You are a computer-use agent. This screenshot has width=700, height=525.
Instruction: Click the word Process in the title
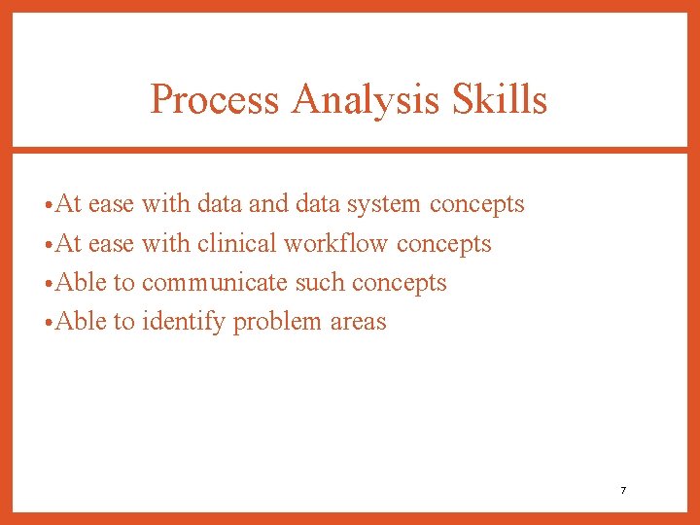coord(214,99)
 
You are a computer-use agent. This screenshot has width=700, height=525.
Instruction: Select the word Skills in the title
coord(505,99)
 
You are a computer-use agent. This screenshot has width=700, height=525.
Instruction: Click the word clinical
coord(237,244)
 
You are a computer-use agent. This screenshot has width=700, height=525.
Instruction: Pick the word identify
coord(183,322)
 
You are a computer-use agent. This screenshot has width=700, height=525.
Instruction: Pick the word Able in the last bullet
coord(81,322)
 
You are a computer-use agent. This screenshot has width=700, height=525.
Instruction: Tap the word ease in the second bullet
coord(111,244)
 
